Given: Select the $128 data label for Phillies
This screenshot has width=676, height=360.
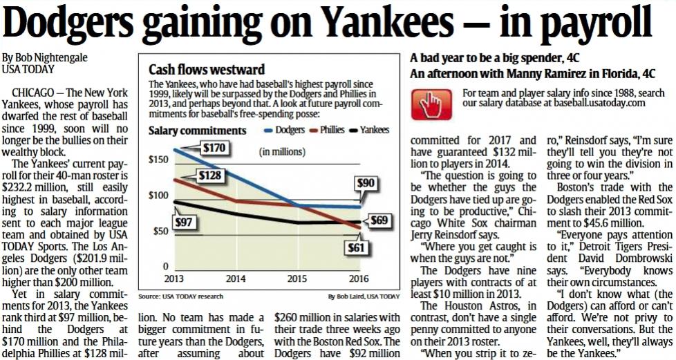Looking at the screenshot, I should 209,176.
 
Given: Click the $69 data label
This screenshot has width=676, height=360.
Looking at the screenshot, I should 378,221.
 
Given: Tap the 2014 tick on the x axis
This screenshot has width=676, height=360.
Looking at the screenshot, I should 235,279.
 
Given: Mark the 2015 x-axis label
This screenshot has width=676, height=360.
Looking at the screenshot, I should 297,279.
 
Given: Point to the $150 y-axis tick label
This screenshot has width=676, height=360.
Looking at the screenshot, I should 158,160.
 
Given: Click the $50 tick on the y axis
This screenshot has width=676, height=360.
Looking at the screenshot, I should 160,231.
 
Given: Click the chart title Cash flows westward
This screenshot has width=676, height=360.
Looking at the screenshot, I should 207,70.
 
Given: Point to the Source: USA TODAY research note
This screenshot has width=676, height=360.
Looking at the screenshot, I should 180,296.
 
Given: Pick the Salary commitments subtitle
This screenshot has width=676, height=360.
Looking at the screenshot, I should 197,130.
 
